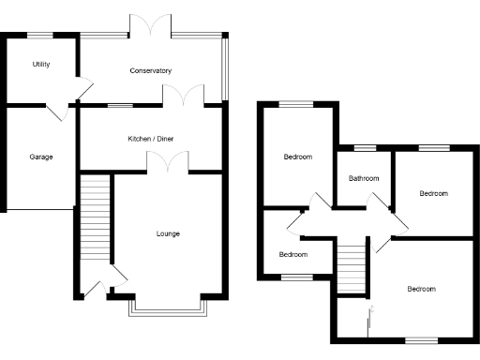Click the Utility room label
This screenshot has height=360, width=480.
[40, 65]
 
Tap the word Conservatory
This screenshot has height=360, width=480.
[150, 70]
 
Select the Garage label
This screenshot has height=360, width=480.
[40, 157]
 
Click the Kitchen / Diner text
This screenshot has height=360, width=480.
[151, 139]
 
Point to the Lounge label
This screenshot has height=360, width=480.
[168, 233]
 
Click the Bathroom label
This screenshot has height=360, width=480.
[364, 178]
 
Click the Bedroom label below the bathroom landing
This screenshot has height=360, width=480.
[421, 289]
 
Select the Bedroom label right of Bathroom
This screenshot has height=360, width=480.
[433, 193]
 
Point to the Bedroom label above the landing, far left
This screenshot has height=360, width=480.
[298, 157]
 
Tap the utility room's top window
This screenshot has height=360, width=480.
[39, 35]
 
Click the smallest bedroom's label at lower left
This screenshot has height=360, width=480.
[292, 254]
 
